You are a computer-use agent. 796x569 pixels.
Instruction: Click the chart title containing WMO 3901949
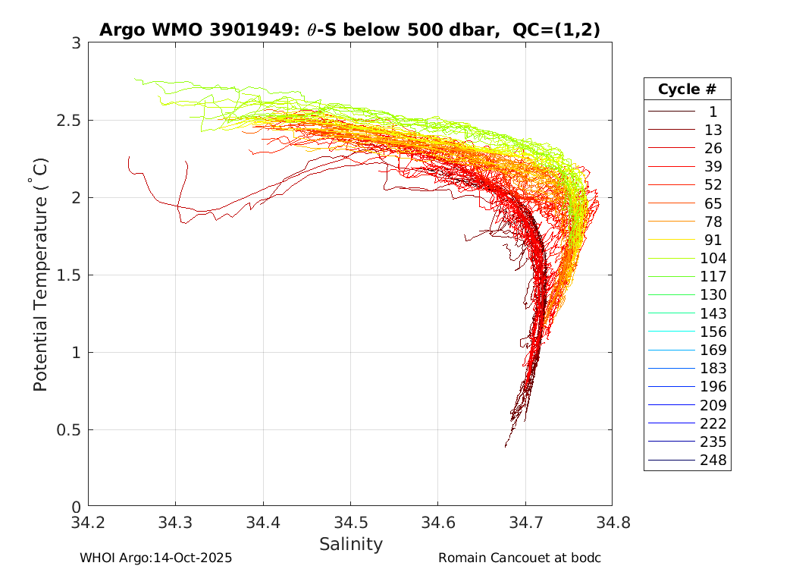tap(350, 30)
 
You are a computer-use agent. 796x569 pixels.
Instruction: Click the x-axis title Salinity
tap(350, 544)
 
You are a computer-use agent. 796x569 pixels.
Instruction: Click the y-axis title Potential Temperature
tap(41, 275)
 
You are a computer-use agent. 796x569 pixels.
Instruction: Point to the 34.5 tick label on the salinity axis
tap(350, 522)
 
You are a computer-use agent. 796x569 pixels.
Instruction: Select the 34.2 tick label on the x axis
tap(89, 522)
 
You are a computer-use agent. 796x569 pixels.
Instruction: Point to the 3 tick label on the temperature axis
tap(76, 43)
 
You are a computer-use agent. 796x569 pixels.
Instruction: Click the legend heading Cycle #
tap(687, 89)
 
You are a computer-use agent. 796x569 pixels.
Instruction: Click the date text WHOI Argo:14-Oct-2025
tap(155, 558)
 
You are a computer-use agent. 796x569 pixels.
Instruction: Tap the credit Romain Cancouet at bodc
tap(519, 558)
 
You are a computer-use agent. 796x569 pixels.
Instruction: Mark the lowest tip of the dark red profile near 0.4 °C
tap(506, 446)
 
